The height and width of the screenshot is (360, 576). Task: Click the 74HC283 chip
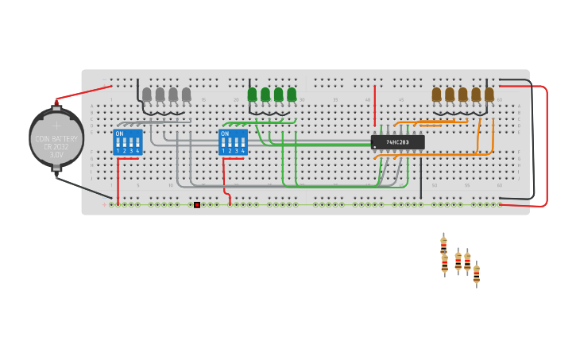pos(397,142)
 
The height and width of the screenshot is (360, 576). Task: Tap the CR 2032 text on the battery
pos(56,147)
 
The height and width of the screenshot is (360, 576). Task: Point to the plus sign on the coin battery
pos(56,126)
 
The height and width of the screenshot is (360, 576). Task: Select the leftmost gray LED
pos(147,95)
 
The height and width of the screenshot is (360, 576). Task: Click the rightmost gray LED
pos(186,95)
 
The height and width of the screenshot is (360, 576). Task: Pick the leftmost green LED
pos(253,95)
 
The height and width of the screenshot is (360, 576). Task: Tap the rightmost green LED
pos(292,95)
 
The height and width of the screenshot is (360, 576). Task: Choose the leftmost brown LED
pos(436,95)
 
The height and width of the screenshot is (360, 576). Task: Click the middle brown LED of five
pos(462,95)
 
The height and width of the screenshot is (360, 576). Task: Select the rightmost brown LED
pos(489,95)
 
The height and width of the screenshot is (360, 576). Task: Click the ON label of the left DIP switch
pos(120,134)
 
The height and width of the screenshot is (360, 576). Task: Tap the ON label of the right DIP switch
pos(225,134)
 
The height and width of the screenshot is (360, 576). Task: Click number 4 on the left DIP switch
pos(137,150)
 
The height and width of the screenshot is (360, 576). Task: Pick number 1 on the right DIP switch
pos(223,150)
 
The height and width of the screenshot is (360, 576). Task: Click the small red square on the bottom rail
pos(197,205)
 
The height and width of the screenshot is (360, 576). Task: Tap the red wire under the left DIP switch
pos(118,179)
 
